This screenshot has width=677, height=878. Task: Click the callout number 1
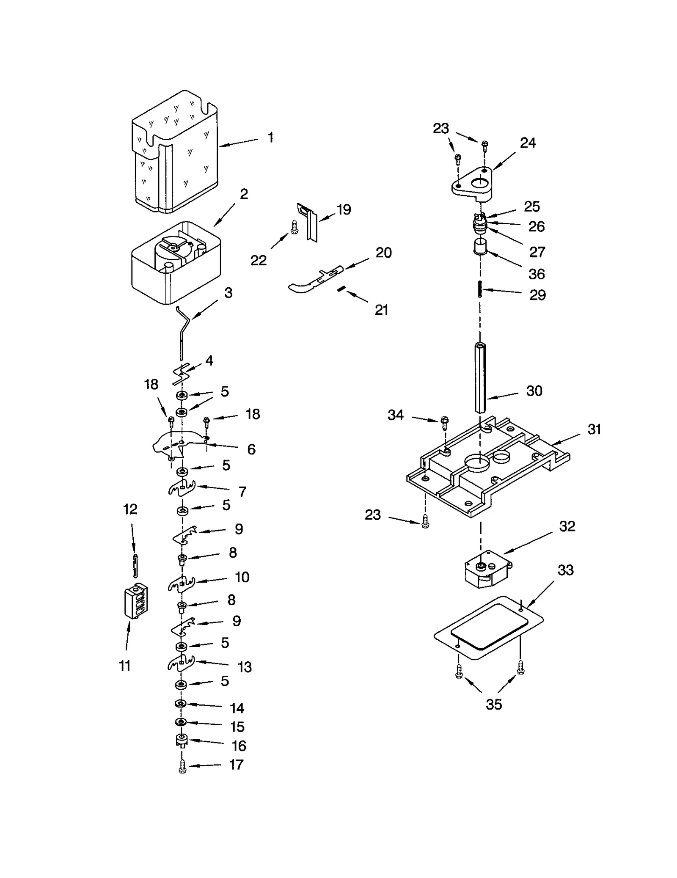point(270,138)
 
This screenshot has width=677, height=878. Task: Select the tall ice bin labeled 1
point(174,152)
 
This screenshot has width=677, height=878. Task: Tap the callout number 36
point(536,274)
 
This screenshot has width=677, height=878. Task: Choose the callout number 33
point(565,570)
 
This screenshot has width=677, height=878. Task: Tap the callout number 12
point(130,509)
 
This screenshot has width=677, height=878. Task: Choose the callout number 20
point(383,253)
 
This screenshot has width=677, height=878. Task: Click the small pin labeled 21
point(342,289)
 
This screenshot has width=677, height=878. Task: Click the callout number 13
point(245,667)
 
